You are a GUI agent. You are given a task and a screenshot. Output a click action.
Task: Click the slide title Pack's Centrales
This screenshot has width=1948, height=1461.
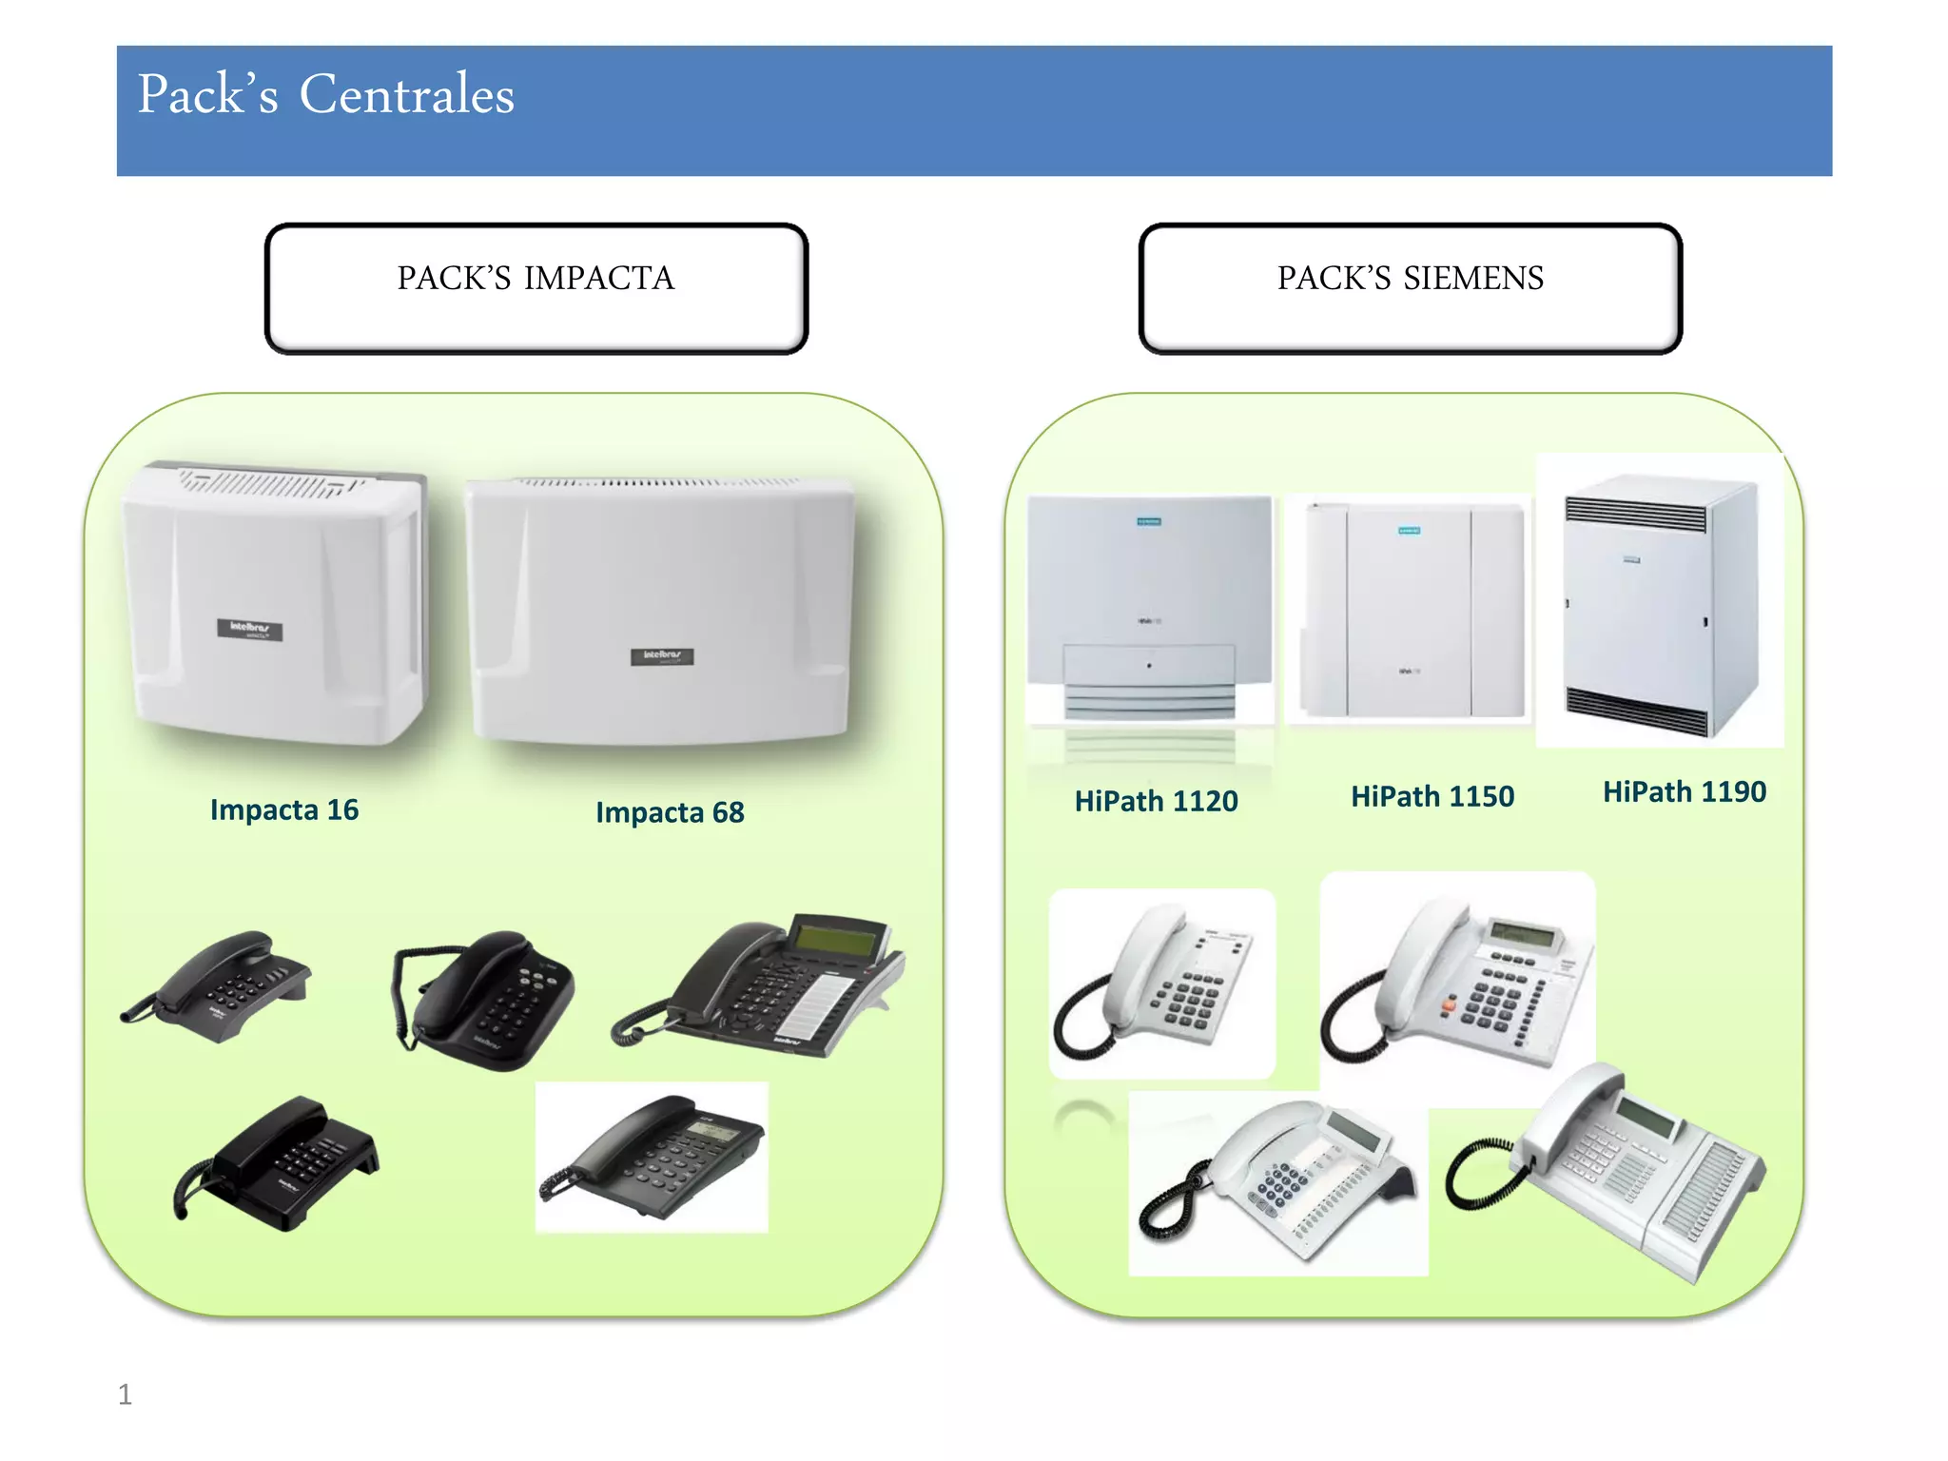point(325,95)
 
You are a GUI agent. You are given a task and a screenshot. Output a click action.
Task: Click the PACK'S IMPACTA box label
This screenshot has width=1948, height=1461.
point(536,278)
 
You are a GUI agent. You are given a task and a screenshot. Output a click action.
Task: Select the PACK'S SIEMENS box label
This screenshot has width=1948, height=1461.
point(1410,278)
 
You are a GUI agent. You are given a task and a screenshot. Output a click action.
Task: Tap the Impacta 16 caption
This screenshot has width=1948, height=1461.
point(283,809)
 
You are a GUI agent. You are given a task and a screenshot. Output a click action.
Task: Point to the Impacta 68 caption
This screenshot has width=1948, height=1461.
point(670,812)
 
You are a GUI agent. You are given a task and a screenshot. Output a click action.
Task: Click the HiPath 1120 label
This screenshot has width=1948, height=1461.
point(1156,801)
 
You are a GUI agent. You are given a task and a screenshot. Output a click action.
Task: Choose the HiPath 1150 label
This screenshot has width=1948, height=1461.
point(1432,796)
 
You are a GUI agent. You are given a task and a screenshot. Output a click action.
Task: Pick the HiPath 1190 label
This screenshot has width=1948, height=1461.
point(1684,791)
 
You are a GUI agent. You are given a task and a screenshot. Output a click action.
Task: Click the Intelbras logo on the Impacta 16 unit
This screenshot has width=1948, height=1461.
point(249,629)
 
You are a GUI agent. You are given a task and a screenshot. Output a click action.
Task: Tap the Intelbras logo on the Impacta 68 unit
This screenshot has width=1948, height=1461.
point(662,656)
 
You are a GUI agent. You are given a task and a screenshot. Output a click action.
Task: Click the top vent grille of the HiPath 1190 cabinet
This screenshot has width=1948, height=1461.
point(1635,514)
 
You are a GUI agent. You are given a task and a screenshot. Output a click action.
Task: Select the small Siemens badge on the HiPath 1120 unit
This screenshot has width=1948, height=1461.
point(1149,522)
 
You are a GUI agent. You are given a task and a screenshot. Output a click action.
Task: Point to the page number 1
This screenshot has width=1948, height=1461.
point(125,1394)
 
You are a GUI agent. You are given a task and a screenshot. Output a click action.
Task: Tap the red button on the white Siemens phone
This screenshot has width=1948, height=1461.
point(1450,1003)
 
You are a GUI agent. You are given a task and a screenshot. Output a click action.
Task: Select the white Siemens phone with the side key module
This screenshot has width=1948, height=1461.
point(1617,1170)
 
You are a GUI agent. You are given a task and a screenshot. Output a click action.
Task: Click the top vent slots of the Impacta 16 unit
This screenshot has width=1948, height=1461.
point(271,484)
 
